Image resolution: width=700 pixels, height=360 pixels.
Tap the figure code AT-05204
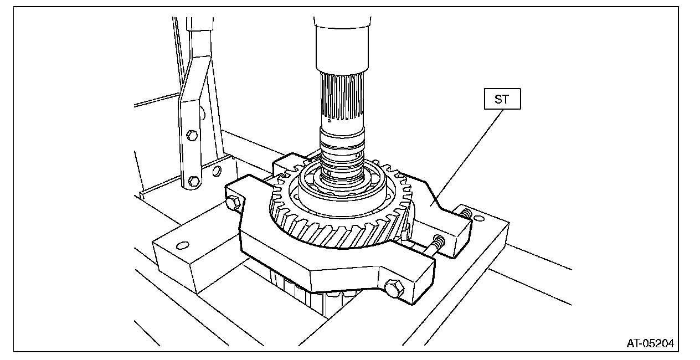click(x=650, y=343)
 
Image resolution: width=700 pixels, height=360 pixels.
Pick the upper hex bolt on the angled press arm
click(x=192, y=135)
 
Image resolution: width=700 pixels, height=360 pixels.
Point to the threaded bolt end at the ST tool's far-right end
click(x=466, y=213)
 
